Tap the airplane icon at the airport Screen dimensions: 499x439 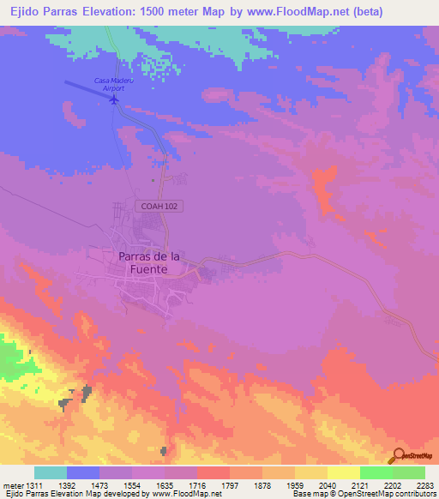click(x=114, y=99)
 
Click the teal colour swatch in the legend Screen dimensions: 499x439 click(x=51, y=472)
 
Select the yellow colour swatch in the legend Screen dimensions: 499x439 click(x=311, y=472)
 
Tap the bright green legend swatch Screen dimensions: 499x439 click(x=376, y=472)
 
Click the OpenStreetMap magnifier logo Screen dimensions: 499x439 click(x=399, y=457)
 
